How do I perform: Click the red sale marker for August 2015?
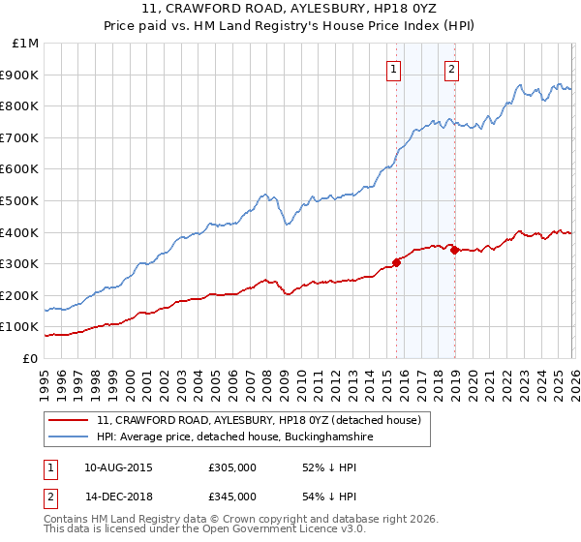(x=396, y=262)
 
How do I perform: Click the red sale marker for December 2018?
(x=453, y=250)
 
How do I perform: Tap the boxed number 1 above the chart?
(x=395, y=68)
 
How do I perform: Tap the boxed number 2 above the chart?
(x=452, y=68)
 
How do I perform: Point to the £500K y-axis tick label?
(x=20, y=200)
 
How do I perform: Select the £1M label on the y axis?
(x=26, y=43)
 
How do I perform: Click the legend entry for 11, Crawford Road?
(x=259, y=420)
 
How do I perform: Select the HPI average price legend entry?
(x=234, y=437)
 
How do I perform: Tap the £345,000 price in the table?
(x=232, y=496)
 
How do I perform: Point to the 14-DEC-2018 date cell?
(x=118, y=496)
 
